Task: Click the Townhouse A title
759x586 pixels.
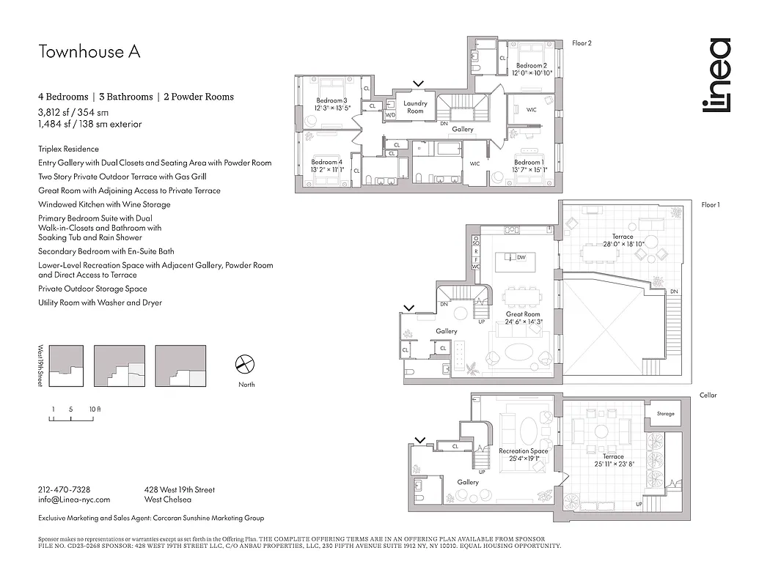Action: [89, 52]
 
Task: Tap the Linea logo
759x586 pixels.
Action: [716, 86]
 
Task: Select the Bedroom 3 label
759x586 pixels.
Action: [331, 100]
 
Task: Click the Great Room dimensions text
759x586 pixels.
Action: [523, 322]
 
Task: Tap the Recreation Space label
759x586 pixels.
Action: [524, 451]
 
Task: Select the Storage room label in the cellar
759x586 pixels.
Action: [665, 414]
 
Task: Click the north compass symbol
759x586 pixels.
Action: [244, 364]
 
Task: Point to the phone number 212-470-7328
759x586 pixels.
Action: [64, 490]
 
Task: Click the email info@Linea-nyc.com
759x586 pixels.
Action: [74, 500]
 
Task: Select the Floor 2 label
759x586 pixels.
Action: [582, 43]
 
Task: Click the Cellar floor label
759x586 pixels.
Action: [708, 396]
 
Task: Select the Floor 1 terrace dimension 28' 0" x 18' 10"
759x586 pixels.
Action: [623, 245]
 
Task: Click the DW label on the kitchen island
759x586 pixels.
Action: [521, 258]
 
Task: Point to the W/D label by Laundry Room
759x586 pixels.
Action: [390, 115]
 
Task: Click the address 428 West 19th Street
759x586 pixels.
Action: [180, 490]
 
